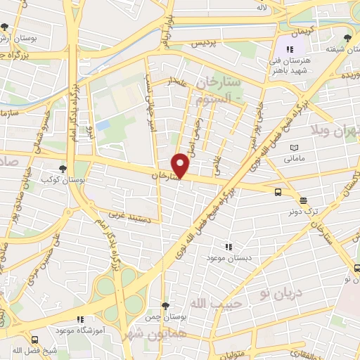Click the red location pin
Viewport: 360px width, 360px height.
(x=181, y=165)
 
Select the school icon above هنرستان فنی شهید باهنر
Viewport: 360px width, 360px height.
(x=289, y=49)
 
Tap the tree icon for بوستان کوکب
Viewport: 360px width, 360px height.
(x=63, y=169)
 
